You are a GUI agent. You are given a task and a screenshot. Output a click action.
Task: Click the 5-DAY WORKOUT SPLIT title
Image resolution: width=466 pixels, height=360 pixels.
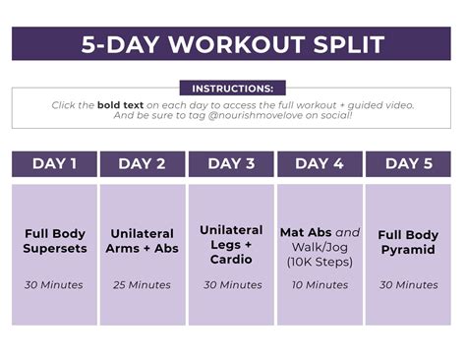coord(232,44)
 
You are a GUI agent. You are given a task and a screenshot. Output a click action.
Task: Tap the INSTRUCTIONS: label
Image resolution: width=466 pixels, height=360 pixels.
coord(232,89)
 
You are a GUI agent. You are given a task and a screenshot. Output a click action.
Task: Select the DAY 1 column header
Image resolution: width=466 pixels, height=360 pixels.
coord(54,164)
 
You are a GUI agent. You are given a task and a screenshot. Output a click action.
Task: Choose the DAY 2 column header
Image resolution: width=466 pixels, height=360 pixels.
coord(143,164)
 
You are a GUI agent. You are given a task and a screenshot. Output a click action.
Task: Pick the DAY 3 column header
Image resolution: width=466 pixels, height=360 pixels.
coord(231,164)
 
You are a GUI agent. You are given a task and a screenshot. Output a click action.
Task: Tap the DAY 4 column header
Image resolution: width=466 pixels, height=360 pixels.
coord(320,164)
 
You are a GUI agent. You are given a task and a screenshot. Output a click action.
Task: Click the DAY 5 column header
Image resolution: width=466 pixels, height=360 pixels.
coord(408,164)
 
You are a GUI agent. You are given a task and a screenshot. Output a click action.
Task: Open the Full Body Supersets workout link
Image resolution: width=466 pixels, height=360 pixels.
coord(54,241)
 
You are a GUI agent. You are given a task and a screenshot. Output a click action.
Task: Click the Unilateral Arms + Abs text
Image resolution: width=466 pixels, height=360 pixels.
coord(143,241)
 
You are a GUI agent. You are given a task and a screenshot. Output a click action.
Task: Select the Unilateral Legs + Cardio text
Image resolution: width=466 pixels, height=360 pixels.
coord(231,244)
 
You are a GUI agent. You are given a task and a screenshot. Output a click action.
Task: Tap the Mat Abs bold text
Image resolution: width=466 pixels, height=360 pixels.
coord(306,234)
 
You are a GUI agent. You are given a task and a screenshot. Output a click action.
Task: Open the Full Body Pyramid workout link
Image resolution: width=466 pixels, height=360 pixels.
coord(408,241)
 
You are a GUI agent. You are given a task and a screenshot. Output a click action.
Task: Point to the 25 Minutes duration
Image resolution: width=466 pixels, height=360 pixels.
coord(143,285)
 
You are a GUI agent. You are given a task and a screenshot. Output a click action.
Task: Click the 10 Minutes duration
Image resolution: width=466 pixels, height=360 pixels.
coord(320,285)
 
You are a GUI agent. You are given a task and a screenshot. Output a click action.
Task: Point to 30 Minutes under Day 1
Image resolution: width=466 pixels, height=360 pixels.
coord(54,285)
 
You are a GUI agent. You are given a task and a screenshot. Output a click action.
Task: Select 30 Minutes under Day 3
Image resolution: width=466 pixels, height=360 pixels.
coord(231,285)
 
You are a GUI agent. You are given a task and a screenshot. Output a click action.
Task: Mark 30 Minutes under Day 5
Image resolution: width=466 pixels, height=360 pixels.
coord(408,285)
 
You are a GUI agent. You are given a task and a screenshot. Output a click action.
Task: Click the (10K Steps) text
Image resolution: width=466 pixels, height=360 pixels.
coord(320,262)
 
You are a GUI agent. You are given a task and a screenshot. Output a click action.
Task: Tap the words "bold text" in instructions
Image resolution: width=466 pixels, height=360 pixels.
coord(122,104)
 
